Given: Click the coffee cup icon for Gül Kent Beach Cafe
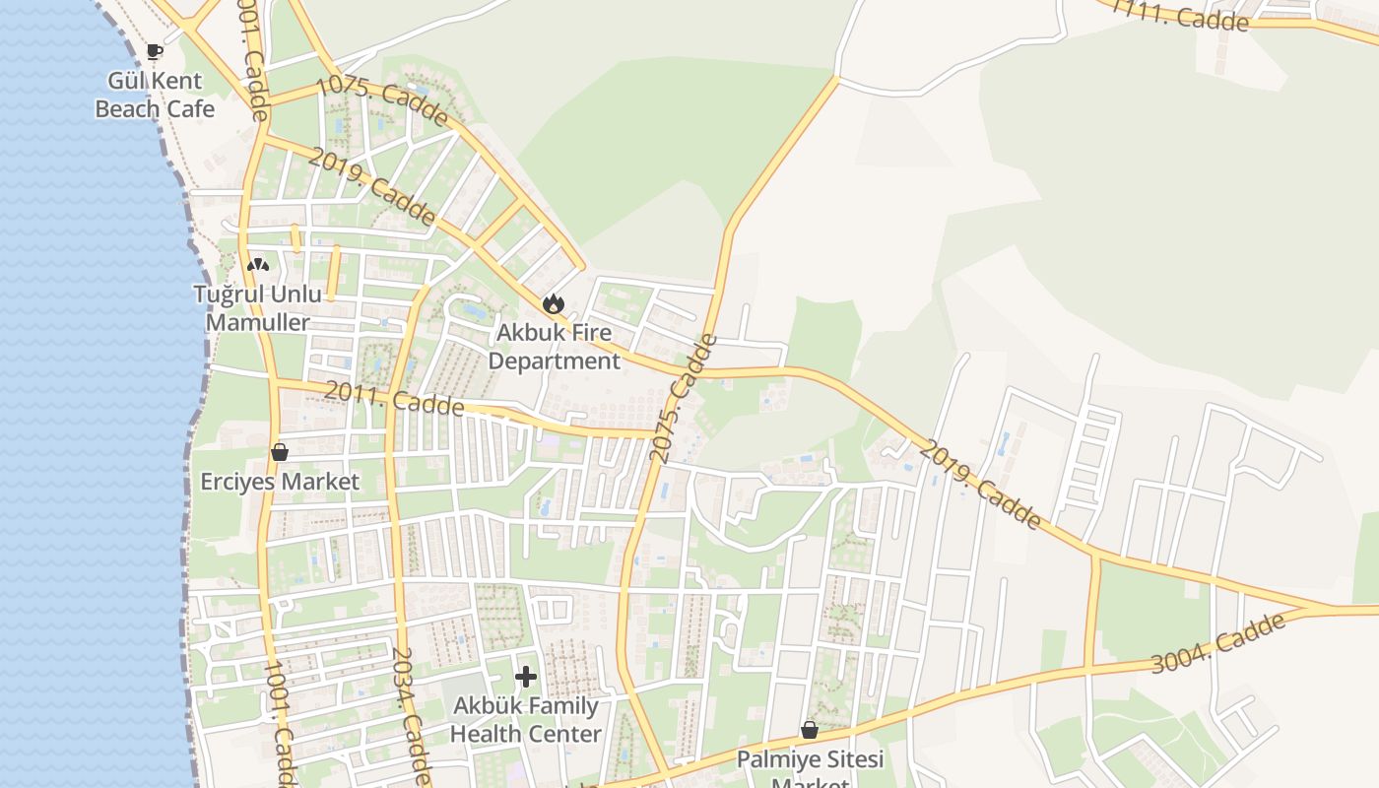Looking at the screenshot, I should [x=154, y=51].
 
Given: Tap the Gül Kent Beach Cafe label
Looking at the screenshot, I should [x=155, y=95].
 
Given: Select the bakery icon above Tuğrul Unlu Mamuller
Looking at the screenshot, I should [x=257, y=264].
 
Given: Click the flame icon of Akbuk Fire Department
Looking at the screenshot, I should [x=554, y=303].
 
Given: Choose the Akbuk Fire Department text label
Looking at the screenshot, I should [x=555, y=347].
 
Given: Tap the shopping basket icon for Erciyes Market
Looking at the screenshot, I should [x=280, y=452].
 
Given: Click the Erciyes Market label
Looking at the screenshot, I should [x=280, y=482].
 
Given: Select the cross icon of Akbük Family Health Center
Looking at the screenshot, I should [x=526, y=677].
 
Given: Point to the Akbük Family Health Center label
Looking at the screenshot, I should [x=526, y=720].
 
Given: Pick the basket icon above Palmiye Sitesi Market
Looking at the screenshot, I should [x=809, y=730].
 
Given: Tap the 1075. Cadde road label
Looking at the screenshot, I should [x=383, y=100].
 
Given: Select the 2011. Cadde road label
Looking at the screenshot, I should [x=394, y=398].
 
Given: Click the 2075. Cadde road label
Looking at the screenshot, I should [x=685, y=399].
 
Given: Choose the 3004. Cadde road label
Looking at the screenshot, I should [x=1218, y=643].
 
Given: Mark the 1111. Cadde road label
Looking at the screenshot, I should [x=1180, y=15].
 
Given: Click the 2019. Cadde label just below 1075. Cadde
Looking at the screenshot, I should [x=371, y=186].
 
